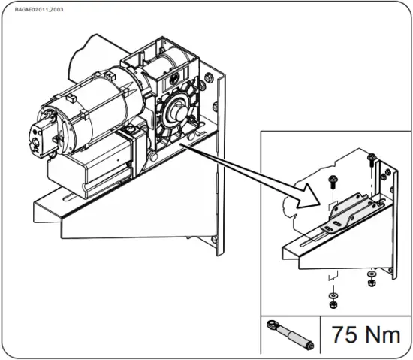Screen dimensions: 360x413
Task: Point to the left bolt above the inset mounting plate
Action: coord(332,180)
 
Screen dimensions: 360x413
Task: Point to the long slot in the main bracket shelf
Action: coord(75,198)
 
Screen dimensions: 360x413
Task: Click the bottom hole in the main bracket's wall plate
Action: coord(217,240)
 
